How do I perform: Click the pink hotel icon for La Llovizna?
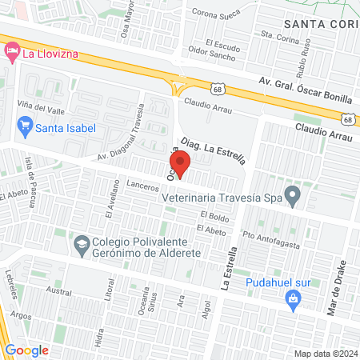point(11,54)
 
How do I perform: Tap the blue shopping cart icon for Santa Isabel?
point(24,126)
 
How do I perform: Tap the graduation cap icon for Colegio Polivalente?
point(82,242)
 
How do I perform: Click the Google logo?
point(26,350)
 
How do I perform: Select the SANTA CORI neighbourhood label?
point(319,26)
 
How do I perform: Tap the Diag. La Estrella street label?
point(213,150)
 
